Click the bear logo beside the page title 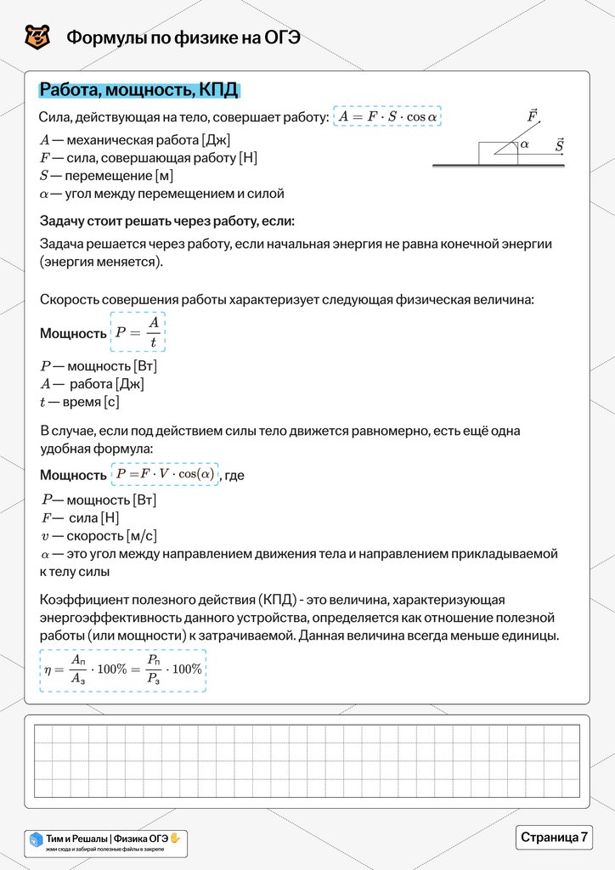[37, 37]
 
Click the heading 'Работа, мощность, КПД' [139, 91]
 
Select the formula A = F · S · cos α [387, 116]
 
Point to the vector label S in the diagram [559, 145]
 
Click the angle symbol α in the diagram [525, 144]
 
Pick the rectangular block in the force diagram [495, 154]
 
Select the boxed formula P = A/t [138, 332]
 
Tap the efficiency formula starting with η [123, 669]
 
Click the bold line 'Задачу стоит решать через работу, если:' [167, 222]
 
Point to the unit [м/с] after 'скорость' [141, 536]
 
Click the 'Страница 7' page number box [554, 837]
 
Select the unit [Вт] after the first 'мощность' [145, 366]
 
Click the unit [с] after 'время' [111, 402]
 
